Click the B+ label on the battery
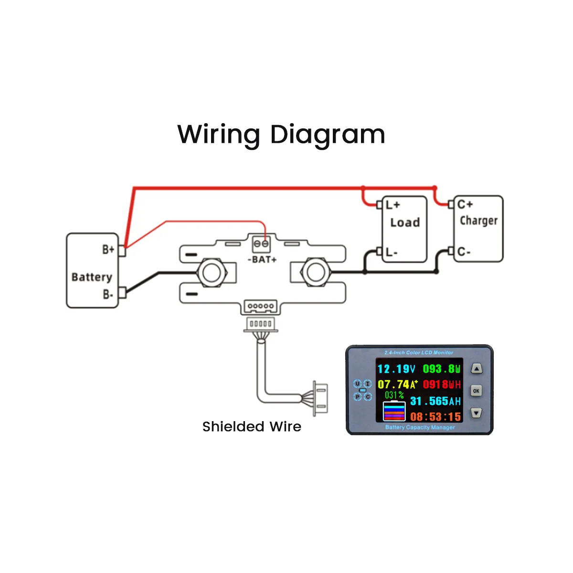click(108, 249)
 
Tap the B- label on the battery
click(108, 294)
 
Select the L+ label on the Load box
click(393, 205)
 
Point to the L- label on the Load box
click(392, 252)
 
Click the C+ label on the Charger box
click(465, 204)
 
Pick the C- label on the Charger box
click(464, 252)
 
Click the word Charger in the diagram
click(478, 221)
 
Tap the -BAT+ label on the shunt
click(262, 259)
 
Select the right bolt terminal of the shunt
click(315, 272)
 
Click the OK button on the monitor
click(476, 391)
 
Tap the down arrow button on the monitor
click(476, 413)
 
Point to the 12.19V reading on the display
click(396, 369)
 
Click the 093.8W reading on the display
click(442, 369)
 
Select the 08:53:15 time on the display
click(435, 416)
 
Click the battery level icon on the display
click(394, 411)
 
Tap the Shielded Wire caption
click(252, 426)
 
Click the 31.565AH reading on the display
click(435, 401)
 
